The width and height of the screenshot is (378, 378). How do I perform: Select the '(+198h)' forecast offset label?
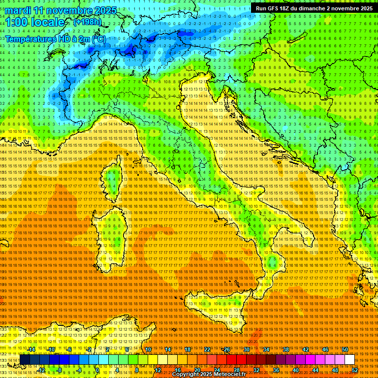(x=88, y=22)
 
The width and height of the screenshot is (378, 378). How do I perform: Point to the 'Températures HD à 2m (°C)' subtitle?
(x=55, y=39)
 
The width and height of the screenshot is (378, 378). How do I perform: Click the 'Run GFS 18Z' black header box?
(x=314, y=8)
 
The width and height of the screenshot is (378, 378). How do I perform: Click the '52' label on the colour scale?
(x=354, y=370)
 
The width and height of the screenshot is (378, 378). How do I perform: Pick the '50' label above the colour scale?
(x=345, y=349)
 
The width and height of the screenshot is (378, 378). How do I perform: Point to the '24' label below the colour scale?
(x=217, y=370)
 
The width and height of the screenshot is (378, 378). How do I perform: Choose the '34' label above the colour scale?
(x=266, y=349)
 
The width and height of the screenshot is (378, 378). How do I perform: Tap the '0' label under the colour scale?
(x=97, y=370)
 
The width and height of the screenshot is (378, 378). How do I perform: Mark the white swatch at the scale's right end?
(x=349, y=360)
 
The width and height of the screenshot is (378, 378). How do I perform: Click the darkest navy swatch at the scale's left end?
(x=24, y=360)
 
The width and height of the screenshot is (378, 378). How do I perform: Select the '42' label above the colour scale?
(x=306, y=349)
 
